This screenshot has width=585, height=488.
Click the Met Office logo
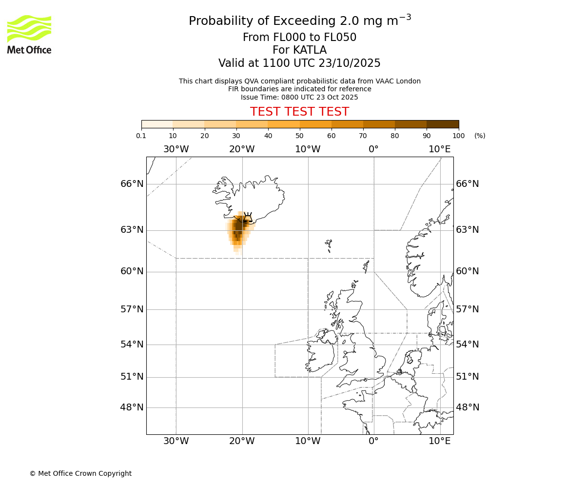point(29,34)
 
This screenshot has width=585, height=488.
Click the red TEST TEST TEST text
point(299,112)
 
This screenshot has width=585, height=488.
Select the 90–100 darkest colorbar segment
point(443,124)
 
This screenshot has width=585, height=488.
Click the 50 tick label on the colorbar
point(299,136)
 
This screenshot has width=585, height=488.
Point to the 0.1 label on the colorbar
point(141,136)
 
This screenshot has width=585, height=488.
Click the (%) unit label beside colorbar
point(480,136)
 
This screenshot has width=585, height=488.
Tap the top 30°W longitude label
point(176,149)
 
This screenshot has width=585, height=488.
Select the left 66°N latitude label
point(132,184)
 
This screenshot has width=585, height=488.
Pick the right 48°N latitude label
point(468,407)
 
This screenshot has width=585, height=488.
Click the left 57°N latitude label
point(132,309)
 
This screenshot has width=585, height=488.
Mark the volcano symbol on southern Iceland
point(248,218)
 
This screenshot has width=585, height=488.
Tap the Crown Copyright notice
point(80,473)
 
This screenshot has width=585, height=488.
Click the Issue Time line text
point(299,97)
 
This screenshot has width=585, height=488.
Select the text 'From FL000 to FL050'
point(299,38)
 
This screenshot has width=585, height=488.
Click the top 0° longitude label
point(373,149)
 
